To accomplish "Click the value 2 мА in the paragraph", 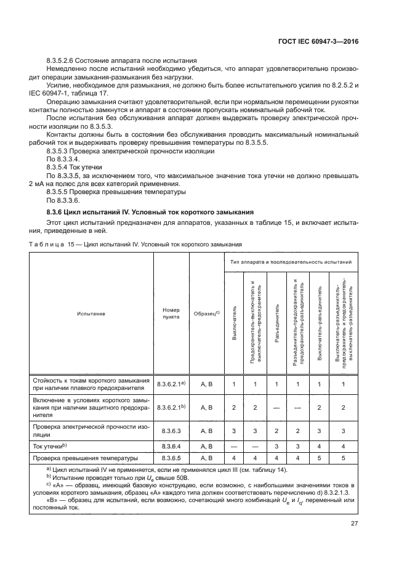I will (x=38, y=184).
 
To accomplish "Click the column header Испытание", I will (x=91, y=314).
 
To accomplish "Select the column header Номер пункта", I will (x=171, y=314).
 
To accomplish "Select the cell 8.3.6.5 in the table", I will (x=171, y=458).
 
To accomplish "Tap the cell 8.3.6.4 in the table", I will (x=171, y=445).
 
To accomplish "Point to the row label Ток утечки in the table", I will (x=50, y=445).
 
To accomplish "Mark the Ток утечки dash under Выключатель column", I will (x=234, y=445).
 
